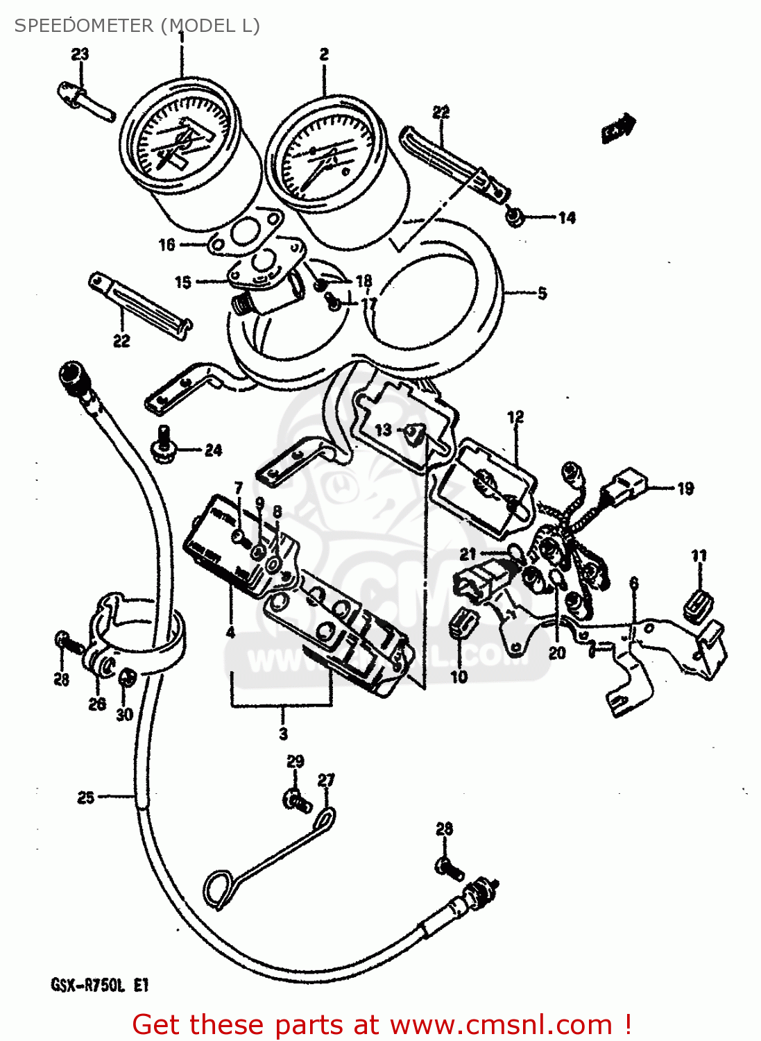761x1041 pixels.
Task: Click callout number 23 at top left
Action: pos(80,54)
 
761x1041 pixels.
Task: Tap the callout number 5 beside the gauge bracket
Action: pos(542,293)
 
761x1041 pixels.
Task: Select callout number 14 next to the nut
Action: pos(567,218)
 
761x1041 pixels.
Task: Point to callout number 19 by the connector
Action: pos(685,489)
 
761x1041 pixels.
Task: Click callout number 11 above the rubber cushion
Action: pos(699,555)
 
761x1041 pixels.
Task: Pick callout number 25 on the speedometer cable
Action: pos(85,797)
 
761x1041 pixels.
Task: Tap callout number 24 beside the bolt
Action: pos(213,450)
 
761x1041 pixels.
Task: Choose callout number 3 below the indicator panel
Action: pos(283,734)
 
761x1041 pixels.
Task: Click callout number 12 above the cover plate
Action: pos(515,417)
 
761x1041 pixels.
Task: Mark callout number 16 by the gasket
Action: pos(166,244)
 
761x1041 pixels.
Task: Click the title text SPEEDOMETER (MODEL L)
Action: pos(137,26)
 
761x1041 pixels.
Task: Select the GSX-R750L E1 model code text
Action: pos(99,985)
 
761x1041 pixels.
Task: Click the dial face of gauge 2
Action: pos(325,154)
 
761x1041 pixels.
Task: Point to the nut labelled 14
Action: pos(514,218)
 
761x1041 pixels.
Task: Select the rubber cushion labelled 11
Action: pos(699,602)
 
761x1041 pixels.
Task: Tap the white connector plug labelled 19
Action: pos(629,481)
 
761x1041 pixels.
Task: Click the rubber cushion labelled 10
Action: pos(461,622)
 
